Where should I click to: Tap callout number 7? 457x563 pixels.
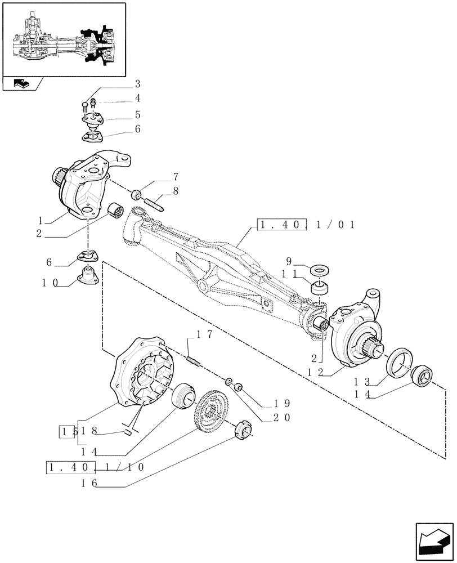(x=176, y=177)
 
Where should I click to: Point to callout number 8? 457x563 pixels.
(x=176, y=191)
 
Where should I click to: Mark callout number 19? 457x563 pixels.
(x=280, y=404)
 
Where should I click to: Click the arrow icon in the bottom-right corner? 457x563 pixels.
(x=433, y=538)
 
